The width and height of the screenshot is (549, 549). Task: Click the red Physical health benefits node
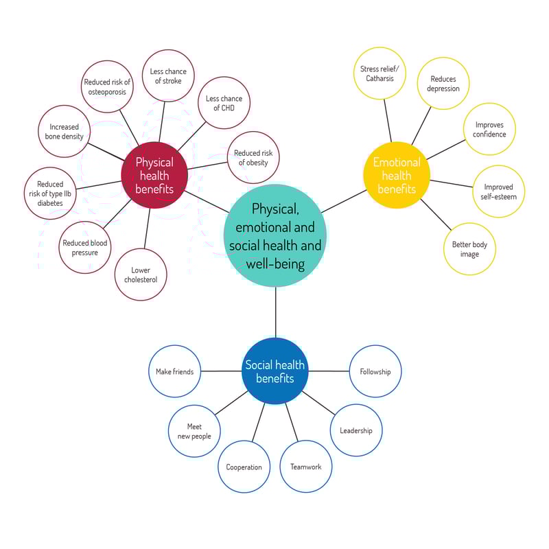click(154, 175)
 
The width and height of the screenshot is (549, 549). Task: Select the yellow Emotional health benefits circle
click(397, 175)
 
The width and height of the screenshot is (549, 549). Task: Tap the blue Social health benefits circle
click(275, 371)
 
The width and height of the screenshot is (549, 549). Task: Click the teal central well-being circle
click(275, 235)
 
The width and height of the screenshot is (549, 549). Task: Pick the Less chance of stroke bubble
click(168, 75)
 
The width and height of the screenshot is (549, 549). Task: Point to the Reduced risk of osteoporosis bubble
click(107, 86)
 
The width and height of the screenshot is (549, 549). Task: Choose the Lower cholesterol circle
click(141, 274)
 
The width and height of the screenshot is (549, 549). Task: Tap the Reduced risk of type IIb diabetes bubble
click(50, 194)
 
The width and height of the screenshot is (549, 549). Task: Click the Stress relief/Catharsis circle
click(379, 73)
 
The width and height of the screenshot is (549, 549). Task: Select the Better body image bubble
click(469, 249)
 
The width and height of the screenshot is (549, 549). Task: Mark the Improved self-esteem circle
click(499, 191)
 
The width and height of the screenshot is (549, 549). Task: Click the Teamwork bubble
click(305, 467)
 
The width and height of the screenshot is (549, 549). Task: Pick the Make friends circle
click(175, 371)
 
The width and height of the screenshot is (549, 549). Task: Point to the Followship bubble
click(375, 371)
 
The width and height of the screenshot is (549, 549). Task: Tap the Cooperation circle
click(244, 467)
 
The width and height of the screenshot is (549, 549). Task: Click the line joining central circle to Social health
click(276, 312)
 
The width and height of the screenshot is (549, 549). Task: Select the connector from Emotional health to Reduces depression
click(421, 126)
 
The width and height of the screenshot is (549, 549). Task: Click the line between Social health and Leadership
click(318, 403)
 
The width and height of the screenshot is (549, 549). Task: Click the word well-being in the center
click(275, 264)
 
